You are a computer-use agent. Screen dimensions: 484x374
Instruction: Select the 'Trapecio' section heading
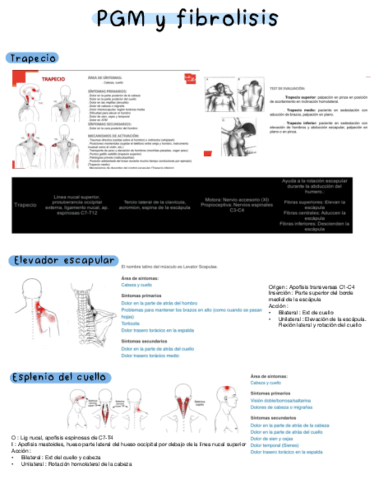pos(32,58)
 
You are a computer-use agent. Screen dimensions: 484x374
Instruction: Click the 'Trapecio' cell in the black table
pos(25,204)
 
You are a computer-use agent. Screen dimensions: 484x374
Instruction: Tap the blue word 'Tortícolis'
pos(131,323)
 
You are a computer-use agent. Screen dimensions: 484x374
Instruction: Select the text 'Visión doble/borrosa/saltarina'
pos(281,401)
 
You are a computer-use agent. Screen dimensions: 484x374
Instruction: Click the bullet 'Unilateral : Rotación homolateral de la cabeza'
pos(76,464)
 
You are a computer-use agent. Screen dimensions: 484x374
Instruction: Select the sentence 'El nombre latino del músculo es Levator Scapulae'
pos(169,267)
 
